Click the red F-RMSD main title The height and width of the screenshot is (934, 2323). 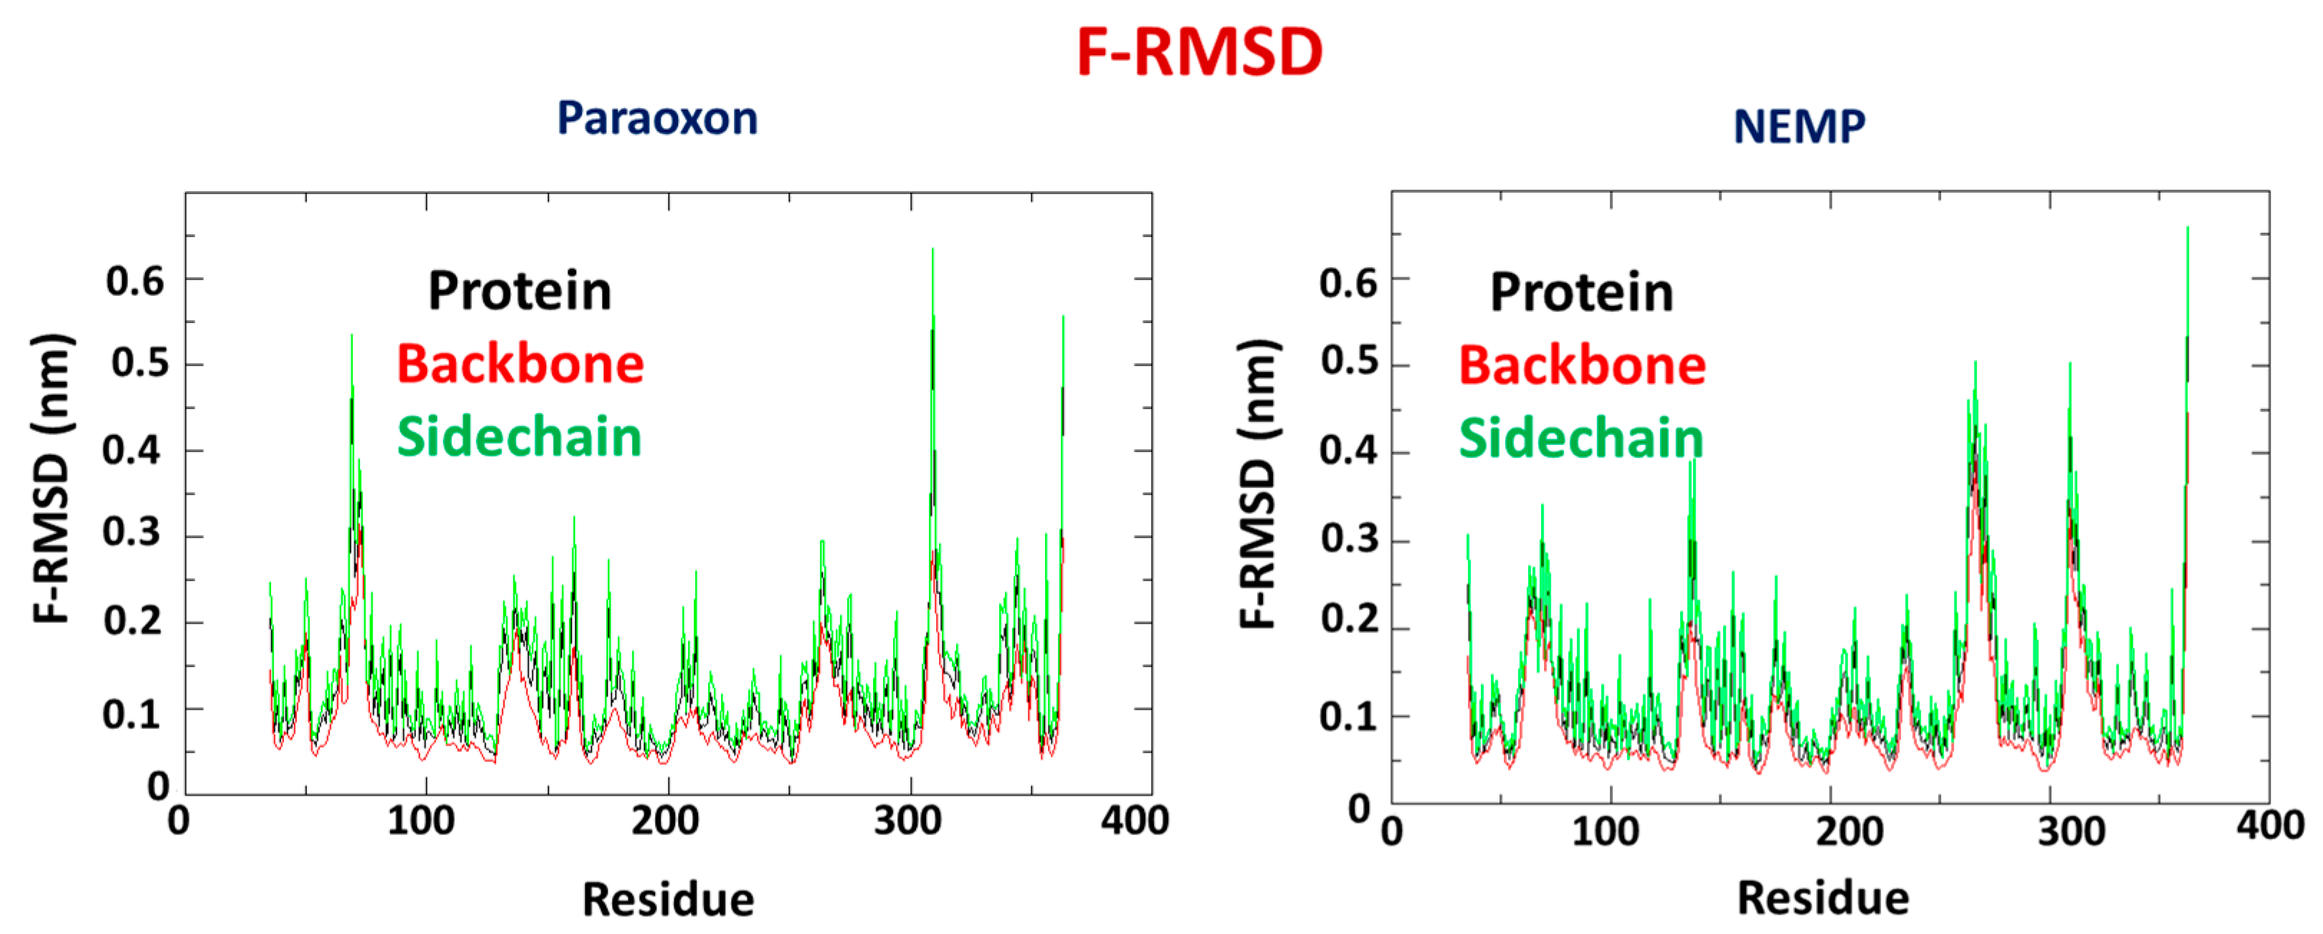[x=1199, y=52]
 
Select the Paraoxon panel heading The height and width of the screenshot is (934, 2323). [x=657, y=119]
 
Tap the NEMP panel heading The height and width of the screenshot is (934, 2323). [x=1799, y=126]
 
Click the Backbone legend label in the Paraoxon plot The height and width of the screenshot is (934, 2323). [x=520, y=365]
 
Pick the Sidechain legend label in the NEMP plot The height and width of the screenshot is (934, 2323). [x=1581, y=439]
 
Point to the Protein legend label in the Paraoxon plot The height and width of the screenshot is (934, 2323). [x=520, y=292]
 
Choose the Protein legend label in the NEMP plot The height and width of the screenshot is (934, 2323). [x=1581, y=293]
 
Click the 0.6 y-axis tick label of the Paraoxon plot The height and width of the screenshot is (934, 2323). [x=135, y=281]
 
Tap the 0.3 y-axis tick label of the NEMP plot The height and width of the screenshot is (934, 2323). [x=1349, y=539]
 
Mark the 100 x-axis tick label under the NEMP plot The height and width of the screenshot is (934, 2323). [x=1606, y=830]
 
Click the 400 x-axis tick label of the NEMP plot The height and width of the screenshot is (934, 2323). [x=2270, y=826]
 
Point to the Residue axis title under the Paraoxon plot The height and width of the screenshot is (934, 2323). [x=668, y=899]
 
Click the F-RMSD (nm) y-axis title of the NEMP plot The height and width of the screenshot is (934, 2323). [x=1258, y=484]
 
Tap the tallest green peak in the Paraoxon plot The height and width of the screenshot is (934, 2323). [x=932, y=251]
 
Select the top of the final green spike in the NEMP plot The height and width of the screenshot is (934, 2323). [x=2187, y=229]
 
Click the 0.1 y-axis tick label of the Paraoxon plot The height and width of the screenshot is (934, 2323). [x=132, y=715]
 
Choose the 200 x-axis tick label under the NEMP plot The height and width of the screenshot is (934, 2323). [x=1849, y=830]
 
